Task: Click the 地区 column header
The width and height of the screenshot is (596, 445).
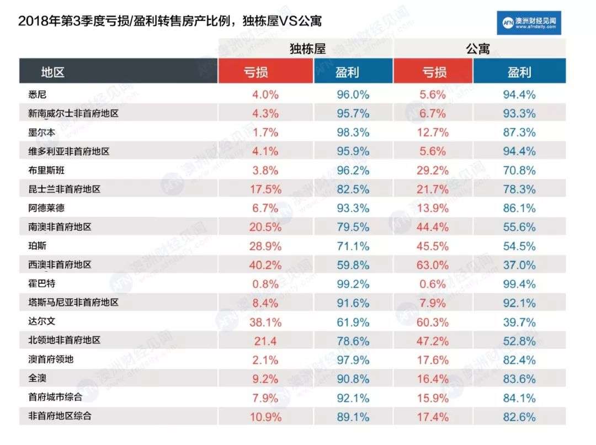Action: (x=53, y=72)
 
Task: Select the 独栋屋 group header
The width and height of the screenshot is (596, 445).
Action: (x=307, y=49)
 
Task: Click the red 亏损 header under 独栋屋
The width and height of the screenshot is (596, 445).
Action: (x=265, y=72)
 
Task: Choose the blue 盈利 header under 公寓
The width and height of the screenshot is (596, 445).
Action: (x=519, y=72)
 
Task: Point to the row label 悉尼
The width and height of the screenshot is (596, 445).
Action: (x=36, y=94)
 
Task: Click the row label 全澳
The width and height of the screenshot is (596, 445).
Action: (x=36, y=379)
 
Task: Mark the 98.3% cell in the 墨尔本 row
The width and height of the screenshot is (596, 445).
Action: (x=353, y=133)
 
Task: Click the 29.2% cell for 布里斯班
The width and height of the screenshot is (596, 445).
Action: (x=433, y=171)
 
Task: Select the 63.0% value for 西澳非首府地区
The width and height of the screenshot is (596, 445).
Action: (x=433, y=265)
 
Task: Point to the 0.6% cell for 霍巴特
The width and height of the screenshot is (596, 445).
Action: (x=433, y=284)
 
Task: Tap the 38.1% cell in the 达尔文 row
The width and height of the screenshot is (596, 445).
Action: (x=265, y=322)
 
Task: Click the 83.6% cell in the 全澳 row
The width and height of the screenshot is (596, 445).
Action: (x=519, y=379)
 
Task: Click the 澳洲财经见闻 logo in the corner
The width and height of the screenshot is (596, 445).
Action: (x=529, y=23)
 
